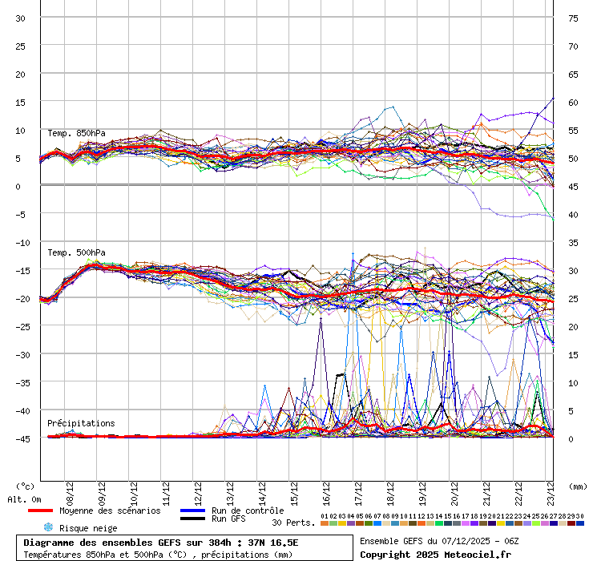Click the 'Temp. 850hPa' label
pos(76,133)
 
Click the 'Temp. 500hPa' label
pos(76,252)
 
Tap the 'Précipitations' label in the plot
pos(81,423)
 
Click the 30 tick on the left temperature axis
pos(21,18)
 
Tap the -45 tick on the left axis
pos(21,438)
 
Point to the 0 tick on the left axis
pos(18,186)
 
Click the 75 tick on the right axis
pos(573,18)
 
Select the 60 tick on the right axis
pos(573,102)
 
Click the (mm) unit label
pos(579,486)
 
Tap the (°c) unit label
pos(26,486)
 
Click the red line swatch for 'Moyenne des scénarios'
pos(51,511)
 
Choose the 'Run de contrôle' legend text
pos(248,511)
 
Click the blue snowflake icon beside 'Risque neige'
pos(48,527)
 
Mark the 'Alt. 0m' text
pos(24,499)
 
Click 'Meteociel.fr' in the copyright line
pos(486,554)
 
